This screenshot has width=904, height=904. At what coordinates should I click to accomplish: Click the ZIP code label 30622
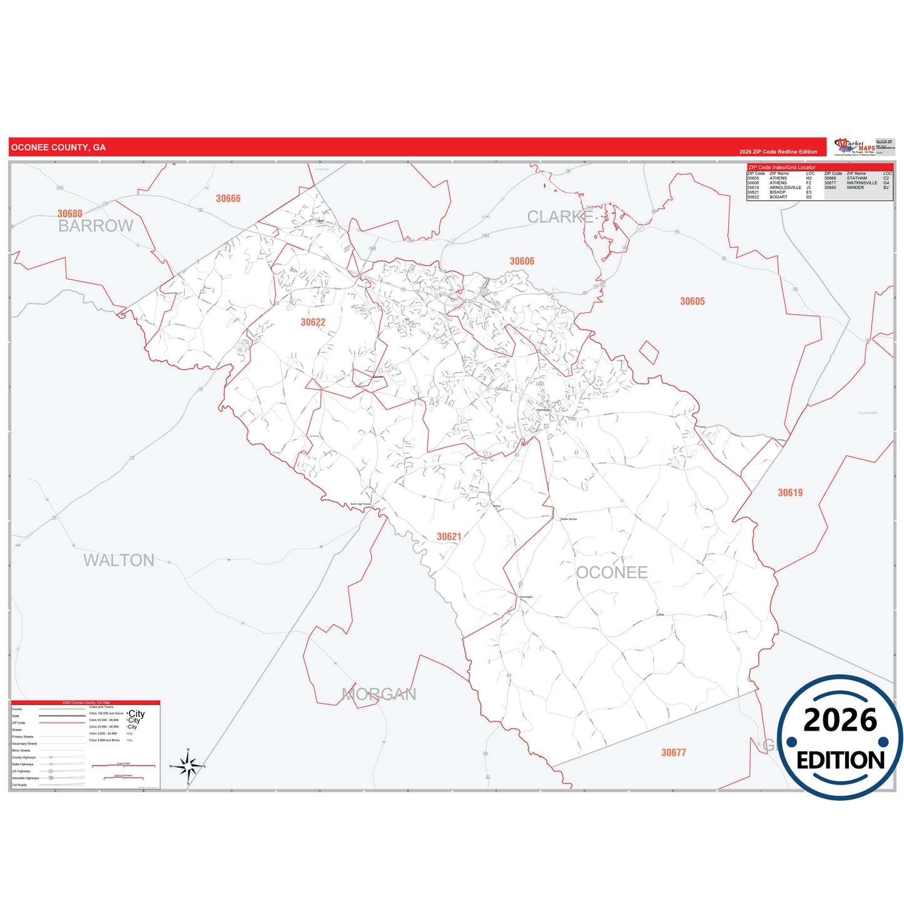pyautogui.click(x=313, y=322)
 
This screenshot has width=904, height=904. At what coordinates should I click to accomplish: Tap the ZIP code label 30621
pyautogui.click(x=449, y=536)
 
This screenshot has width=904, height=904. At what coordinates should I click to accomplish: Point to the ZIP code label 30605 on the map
pyautogui.click(x=692, y=302)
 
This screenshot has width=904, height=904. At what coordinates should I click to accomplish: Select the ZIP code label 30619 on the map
pyautogui.click(x=790, y=493)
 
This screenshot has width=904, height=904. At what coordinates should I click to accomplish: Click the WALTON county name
pyautogui.click(x=119, y=560)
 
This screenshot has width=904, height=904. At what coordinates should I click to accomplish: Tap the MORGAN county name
pyautogui.click(x=378, y=694)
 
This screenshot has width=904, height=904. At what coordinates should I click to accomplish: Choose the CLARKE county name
pyautogui.click(x=560, y=217)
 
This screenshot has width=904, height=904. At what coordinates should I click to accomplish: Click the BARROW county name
pyautogui.click(x=96, y=226)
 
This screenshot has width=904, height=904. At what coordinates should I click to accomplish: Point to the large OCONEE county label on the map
pyautogui.click(x=611, y=572)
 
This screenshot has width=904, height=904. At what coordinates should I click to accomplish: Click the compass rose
pyautogui.click(x=188, y=766)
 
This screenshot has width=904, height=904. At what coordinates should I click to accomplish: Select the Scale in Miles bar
pyautogui.click(x=123, y=765)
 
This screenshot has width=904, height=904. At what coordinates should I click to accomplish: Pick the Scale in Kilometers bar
pyautogui.click(x=123, y=777)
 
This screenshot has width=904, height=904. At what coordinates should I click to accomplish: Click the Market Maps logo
pyautogui.click(x=855, y=147)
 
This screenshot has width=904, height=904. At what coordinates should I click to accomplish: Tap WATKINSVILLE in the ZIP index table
pyautogui.click(x=861, y=183)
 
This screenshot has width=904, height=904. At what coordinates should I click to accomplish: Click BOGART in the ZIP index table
pyautogui.click(x=778, y=197)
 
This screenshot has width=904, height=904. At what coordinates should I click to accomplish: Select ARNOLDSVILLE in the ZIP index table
pyautogui.click(x=785, y=188)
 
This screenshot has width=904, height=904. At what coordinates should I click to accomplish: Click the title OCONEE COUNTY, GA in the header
pyautogui.click(x=58, y=148)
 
